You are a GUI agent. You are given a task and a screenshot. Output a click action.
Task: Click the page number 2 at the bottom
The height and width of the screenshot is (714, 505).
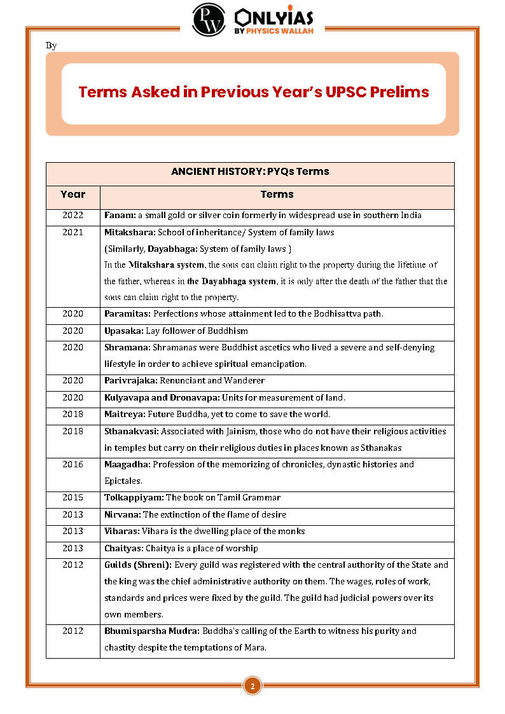pyautogui.click(x=253, y=686)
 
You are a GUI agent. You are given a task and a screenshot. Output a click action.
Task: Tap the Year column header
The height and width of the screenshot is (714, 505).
pyautogui.click(x=73, y=194)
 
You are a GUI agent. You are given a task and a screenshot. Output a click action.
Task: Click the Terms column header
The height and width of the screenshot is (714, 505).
pyautogui.click(x=277, y=194)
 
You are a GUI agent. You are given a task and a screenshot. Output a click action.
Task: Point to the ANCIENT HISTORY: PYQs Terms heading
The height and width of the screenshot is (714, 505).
pyautogui.click(x=250, y=172)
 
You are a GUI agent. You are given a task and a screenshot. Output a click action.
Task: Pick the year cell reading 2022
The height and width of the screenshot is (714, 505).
pyautogui.click(x=73, y=216)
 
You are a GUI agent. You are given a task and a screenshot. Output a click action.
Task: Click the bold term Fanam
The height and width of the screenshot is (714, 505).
pyautogui.click(x=119, y=216)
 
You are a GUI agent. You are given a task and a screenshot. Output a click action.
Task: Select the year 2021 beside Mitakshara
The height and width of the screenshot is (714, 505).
pyautogui.click(x=73, y=232)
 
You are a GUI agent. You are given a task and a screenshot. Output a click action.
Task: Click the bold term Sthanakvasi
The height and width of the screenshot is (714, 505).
pyautogui.click(x=132, y=431)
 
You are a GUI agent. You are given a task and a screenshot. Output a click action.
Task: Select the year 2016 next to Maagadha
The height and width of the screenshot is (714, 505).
pyautogui.click(x=73, y=464)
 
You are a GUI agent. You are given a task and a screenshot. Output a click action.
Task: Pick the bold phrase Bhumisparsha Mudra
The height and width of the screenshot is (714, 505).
pyautogui.click(x=152, y=631)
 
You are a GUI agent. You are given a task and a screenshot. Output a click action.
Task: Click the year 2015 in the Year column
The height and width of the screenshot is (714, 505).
pyautogui.click(x=73, y=497)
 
